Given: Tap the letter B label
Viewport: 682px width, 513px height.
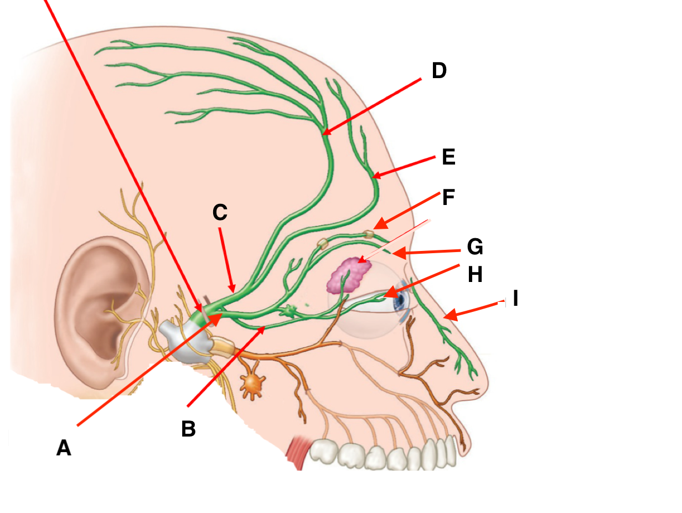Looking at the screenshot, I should pos(189,428).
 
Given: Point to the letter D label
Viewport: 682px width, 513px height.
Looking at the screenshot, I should pos(438,71).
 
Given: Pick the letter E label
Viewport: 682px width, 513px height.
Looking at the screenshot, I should pos(448,157).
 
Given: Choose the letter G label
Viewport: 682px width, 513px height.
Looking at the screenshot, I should pos(474,247).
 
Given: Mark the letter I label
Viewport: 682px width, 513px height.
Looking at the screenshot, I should pos(515,299).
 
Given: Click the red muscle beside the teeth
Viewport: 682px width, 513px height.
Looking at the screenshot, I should pos(299,453).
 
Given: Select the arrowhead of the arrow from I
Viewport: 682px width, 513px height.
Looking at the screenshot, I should pos(446,317).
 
